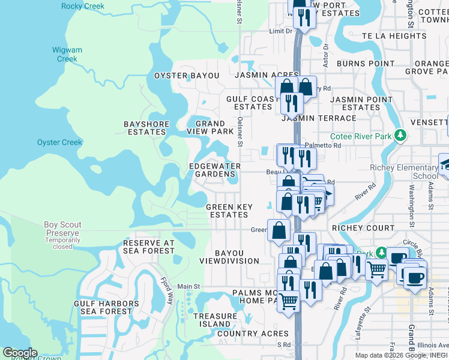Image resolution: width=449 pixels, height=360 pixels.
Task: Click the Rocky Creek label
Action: tap(82, 7)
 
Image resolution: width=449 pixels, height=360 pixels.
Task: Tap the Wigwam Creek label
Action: tap(67, 55)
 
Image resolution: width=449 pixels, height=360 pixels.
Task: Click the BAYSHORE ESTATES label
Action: tap(145, 128)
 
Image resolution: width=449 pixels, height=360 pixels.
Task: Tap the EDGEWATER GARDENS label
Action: tap(214, 170)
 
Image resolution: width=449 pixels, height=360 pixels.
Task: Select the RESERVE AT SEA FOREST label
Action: tap(148, 247)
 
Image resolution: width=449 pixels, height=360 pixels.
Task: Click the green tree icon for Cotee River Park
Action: tap(400, 136)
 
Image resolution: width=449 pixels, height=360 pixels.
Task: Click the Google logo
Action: tap(20, 352)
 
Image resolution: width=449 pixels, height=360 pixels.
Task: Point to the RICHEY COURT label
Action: tap(363, 228)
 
